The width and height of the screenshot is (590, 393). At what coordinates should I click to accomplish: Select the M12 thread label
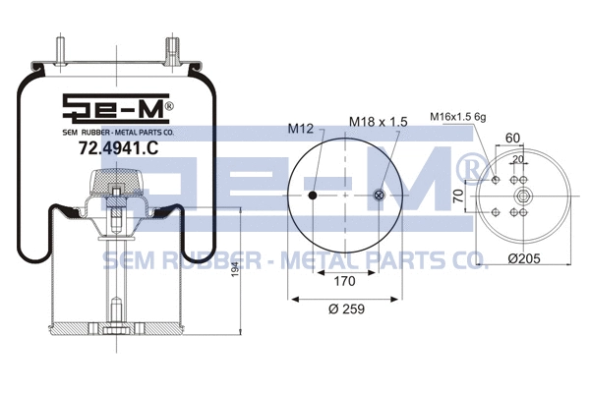tap(300, 129)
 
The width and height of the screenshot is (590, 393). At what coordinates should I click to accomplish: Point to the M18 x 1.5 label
tap(378, 122)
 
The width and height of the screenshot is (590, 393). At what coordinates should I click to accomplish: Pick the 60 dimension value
tap(511, 139)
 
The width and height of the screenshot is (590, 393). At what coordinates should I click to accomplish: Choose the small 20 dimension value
tap(516, 159)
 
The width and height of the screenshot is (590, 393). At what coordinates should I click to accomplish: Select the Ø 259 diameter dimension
tap(345, 309)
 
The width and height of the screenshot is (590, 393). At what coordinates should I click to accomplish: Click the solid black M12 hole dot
tap(313, 196)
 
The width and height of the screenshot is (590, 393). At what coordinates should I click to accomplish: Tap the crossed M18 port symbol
tap(379, 196)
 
